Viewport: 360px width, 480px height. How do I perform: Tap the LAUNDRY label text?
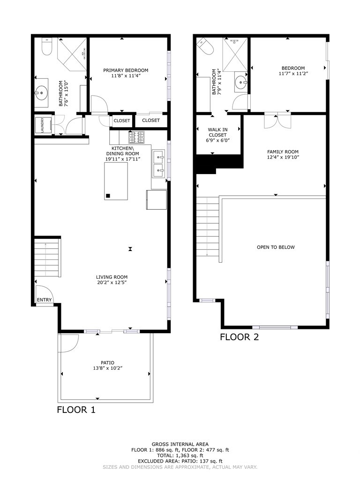(42, 125)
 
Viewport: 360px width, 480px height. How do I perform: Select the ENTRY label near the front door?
(45, 300)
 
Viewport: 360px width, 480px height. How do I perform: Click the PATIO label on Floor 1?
(107, 362)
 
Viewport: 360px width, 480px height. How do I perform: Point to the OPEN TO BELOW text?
(276, 247)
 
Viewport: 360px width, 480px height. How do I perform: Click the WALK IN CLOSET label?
(218, 135)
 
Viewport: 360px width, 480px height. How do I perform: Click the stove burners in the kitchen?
(136, 137)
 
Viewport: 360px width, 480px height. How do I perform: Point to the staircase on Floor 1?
(47, 258)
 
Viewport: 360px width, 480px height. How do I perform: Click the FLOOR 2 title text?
(239, 336)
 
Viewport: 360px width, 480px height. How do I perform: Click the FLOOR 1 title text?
(76, 410)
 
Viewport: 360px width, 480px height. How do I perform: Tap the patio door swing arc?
(68, 343)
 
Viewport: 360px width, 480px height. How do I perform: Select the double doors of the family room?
(277, 120)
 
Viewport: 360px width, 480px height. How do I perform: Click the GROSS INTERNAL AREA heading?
(180, 444)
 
